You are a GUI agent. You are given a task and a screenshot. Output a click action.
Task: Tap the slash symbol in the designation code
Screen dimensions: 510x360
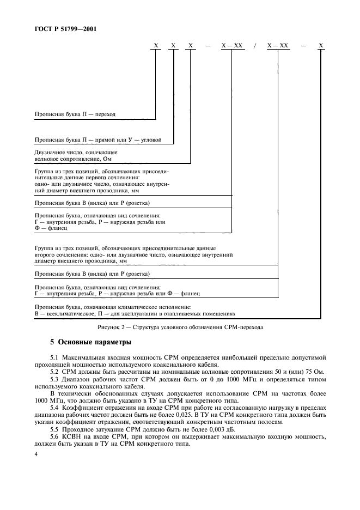(x=254, y=46)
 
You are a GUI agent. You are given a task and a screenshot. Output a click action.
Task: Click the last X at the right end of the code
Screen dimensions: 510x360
(x=321, y=46)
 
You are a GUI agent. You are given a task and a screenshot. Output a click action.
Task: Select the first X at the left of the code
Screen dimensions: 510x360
(x=156, y=46)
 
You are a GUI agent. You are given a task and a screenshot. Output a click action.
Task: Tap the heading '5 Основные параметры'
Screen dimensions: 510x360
(x=90, y=343)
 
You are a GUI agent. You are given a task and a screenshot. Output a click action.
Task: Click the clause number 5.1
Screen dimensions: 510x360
(x=53, y=357)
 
